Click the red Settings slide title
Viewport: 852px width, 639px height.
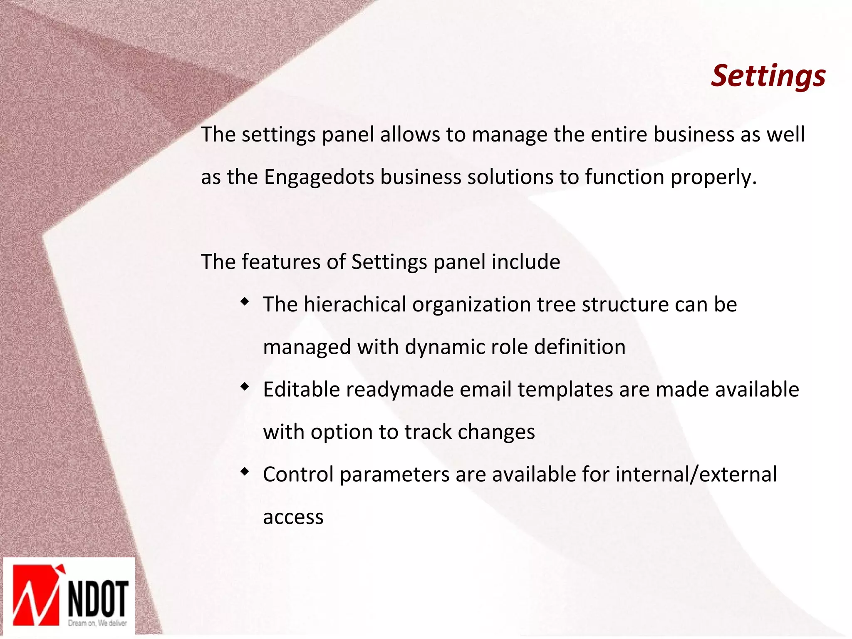[x=768, y=76]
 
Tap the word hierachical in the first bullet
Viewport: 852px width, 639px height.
[x=354, y=304]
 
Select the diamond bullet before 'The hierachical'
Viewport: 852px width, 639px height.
[x=245, y=301]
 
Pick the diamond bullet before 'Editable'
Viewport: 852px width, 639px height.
[x=245, y=386]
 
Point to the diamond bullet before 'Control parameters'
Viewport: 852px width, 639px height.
[x=245, y=471]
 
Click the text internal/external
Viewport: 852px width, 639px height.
[x=696, y=475]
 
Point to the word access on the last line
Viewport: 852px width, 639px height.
[x=293, y=517]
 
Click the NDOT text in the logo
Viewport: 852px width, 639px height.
[x=98, y=598]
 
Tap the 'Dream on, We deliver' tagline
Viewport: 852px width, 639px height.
[x=97, y=623]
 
